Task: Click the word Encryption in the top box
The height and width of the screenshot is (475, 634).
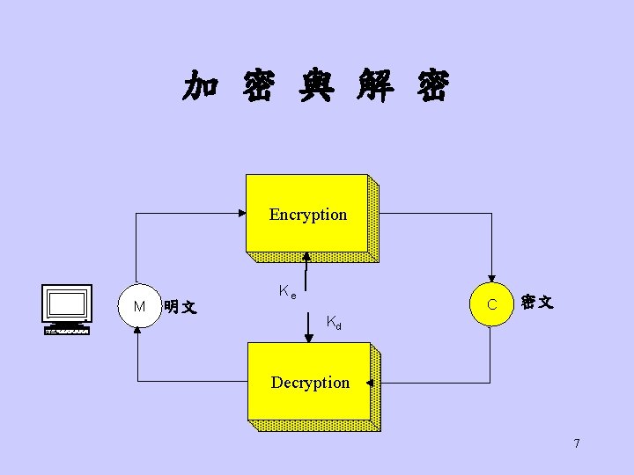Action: (x=308, y=215)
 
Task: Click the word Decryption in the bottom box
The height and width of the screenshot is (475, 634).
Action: (x=310, y=383)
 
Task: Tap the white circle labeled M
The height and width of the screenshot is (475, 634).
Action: (x=139, y=306)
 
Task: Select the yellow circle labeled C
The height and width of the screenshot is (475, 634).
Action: (x=492, y=304)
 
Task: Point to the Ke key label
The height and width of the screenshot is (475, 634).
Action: (x=286, y=291)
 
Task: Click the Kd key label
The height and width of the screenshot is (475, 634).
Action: (x=334, y=323)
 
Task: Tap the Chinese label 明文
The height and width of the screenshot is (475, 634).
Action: (x=181, y=307)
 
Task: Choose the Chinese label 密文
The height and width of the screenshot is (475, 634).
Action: (x=536, y=302)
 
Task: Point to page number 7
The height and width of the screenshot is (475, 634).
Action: (x=577, y=443)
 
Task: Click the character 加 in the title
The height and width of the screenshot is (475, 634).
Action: (x=201, y=87)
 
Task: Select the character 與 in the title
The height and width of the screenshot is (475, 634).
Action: (x=315, y=87)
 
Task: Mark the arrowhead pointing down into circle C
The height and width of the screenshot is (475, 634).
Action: (x=492, y=279)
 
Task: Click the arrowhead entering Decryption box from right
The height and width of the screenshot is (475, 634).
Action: (x=371, y=383)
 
